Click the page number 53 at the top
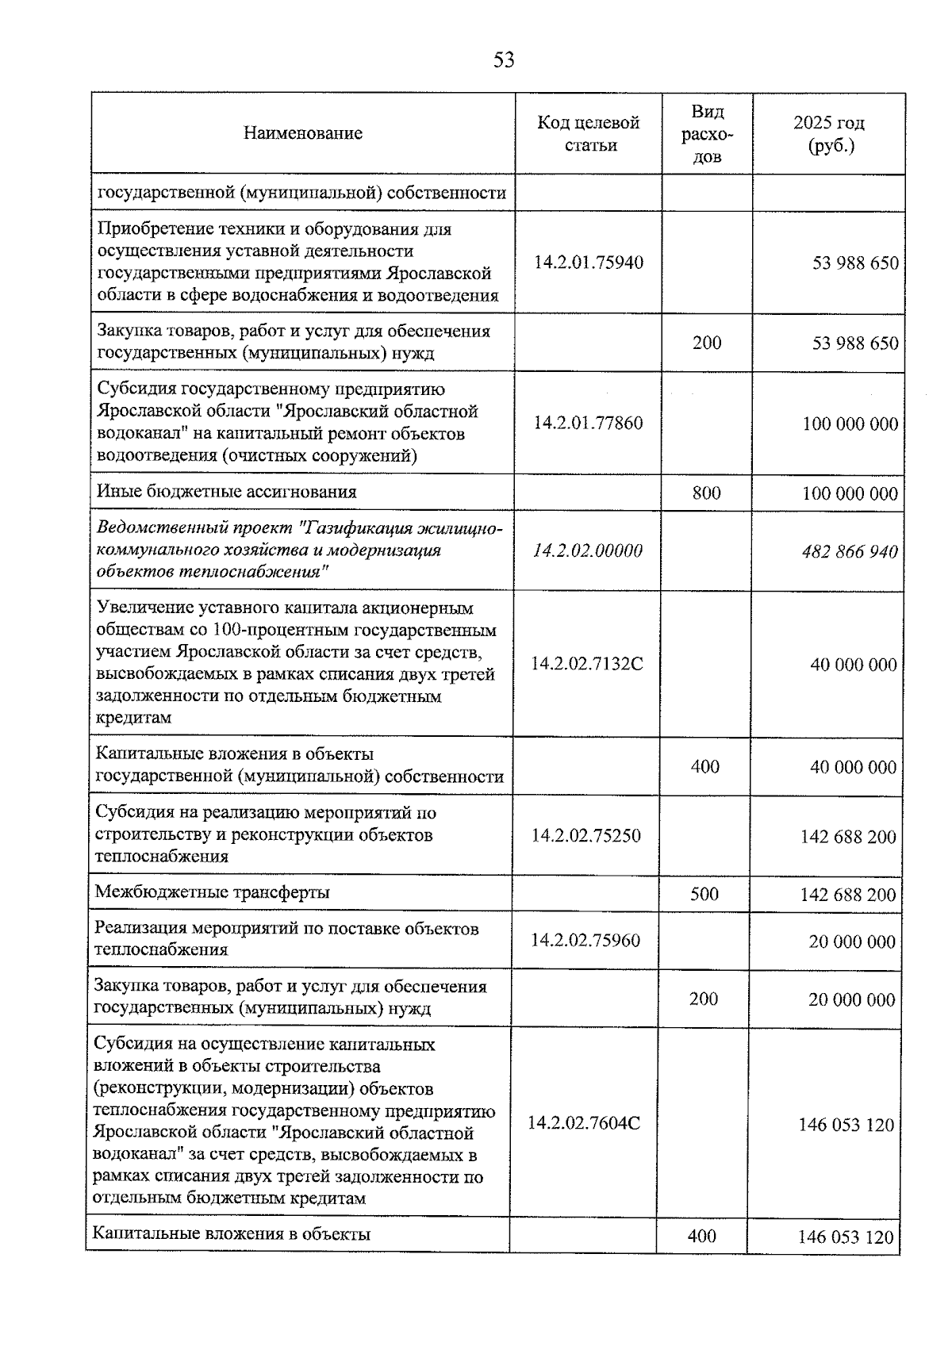[504, 60]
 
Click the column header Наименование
[302, 133]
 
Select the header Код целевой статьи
[589, 133]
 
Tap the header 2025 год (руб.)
[829, 134]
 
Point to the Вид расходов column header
[707, 133]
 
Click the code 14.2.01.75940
[589, 263]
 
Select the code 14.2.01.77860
[588, 423]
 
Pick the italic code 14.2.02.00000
[588, 550]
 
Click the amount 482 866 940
[850, 551]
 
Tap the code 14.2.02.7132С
[587, 664]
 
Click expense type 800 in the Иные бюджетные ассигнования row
[706, 493]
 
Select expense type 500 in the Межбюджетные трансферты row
[704, 894]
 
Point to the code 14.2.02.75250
[586, 835]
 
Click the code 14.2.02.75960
[585, 940]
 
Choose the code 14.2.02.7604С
[584, 1123]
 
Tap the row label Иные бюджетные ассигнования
[226, 492]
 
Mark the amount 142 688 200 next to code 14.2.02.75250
[848, 837]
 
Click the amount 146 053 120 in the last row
[846, 1237]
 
